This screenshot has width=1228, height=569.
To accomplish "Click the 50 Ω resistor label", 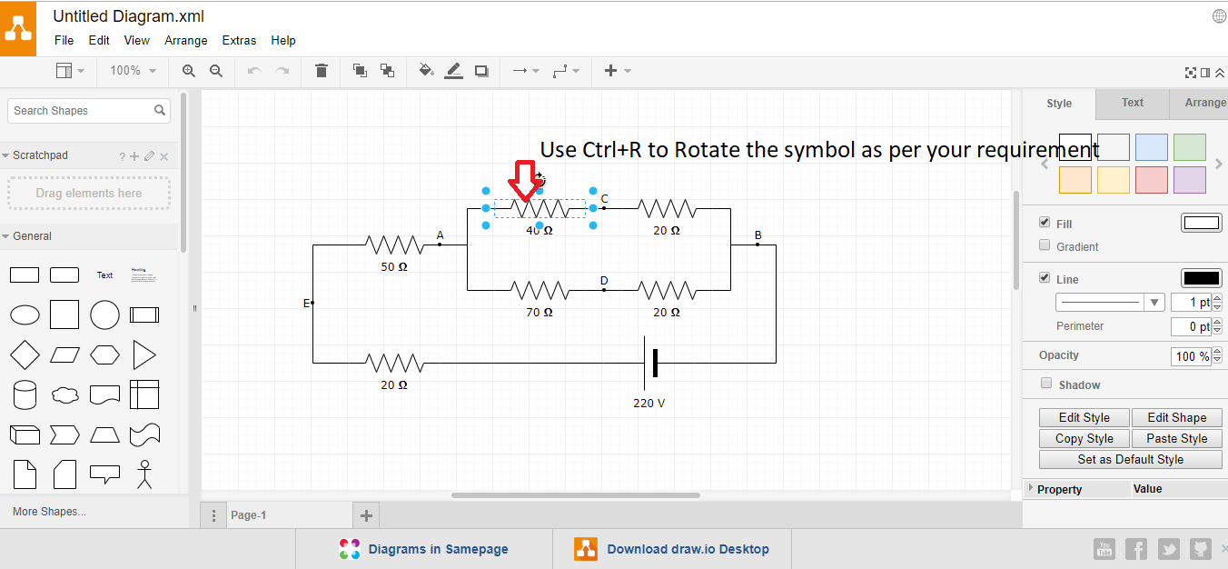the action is (x=394, y=267).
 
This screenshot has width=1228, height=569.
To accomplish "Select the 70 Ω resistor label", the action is (x=540, y=312).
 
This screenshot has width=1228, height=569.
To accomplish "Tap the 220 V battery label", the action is (x=649, y=404).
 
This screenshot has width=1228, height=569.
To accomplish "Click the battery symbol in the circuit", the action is (x=650, y=364).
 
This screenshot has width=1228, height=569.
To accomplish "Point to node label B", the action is (x=758, y=235).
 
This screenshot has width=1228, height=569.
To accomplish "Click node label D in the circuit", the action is (x=604, y=280).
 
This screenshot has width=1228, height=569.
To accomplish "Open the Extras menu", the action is (x=239, y=41).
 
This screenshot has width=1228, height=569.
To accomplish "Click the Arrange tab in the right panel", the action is (x=1205, y=103).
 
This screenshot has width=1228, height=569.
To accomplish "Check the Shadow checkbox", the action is (x=1046, y=383).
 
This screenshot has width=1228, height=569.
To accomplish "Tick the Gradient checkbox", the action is (x=1045, y=245).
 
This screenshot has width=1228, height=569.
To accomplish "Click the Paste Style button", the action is (x=1176, y=438).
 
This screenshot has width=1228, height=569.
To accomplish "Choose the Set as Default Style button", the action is (x=1131, y=459).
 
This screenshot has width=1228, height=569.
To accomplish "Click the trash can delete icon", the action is (x=322, y=71).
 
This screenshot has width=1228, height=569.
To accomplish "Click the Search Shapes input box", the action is (x=83, y=111).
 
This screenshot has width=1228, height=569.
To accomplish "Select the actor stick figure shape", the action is (x=144, y=474).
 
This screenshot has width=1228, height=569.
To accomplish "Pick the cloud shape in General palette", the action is (x=64, y=395).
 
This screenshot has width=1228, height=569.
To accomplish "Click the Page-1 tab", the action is (x=248, y=514).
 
